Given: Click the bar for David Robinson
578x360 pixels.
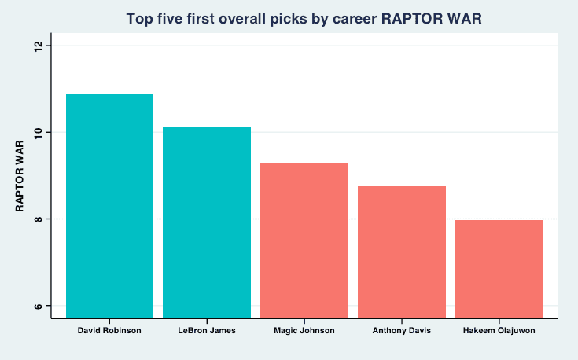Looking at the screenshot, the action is click(x=109, y=207).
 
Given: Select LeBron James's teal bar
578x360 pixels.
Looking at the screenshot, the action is click(x=207, y=222).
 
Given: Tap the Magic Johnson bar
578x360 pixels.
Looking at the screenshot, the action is click(x=304, y=241).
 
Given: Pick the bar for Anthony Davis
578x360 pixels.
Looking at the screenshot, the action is click(x=402, y=252).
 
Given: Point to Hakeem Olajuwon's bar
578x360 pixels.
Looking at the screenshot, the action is click(x=499, y=269).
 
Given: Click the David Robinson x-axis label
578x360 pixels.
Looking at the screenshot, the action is click(x=109, y=330).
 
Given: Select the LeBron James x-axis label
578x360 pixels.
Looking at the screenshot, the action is click(x=207, y=330).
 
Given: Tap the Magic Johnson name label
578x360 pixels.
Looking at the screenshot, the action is click(x=304, y=330).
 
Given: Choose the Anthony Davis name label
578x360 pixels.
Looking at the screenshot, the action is click(x=402, y=330).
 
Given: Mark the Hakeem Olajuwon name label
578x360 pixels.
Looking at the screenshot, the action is click(x=499, y=330).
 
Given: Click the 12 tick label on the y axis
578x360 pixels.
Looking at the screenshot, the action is click(x=38, y=46).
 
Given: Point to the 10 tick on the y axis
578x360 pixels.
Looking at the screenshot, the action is click(x=38, y=132).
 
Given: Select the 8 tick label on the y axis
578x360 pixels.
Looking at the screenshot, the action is click(x=38, y=219).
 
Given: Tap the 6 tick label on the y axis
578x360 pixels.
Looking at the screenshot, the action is click(x=38, y=306).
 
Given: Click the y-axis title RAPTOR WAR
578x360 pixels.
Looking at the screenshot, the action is click(x=20, y=176).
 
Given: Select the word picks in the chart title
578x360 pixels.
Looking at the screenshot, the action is click(x=289, y=19).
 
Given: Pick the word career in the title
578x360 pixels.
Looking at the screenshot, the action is click(x=355, y=20).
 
